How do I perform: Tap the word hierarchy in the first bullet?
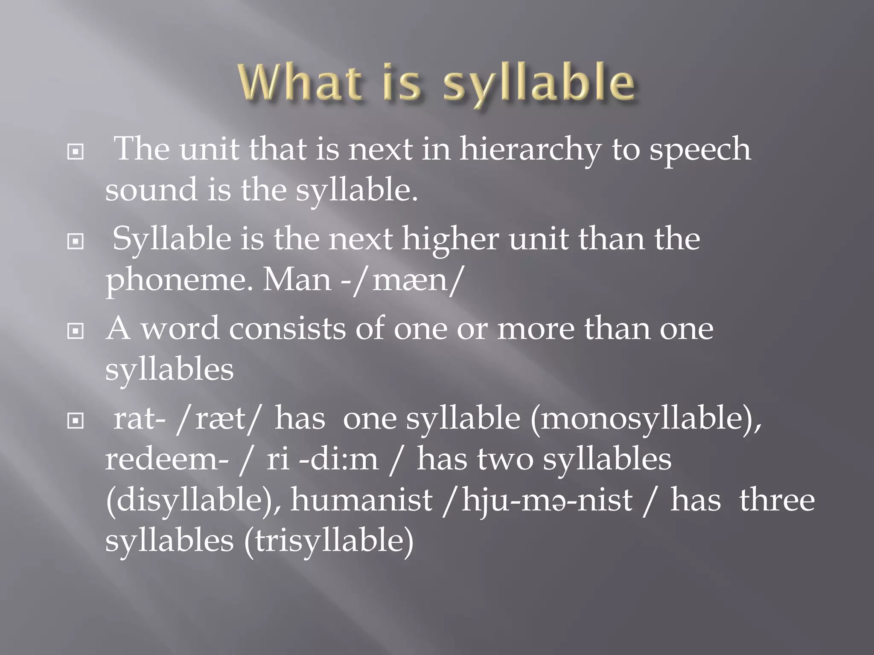click(530, 150)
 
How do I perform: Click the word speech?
click(700, 150)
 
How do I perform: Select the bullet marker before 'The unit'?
click(76, 151)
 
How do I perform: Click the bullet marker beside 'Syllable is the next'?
click(76, 241)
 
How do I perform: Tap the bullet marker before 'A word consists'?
click(76, 331)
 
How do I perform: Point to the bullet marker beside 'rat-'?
click(76, 421)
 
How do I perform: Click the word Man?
click(297, 281)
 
